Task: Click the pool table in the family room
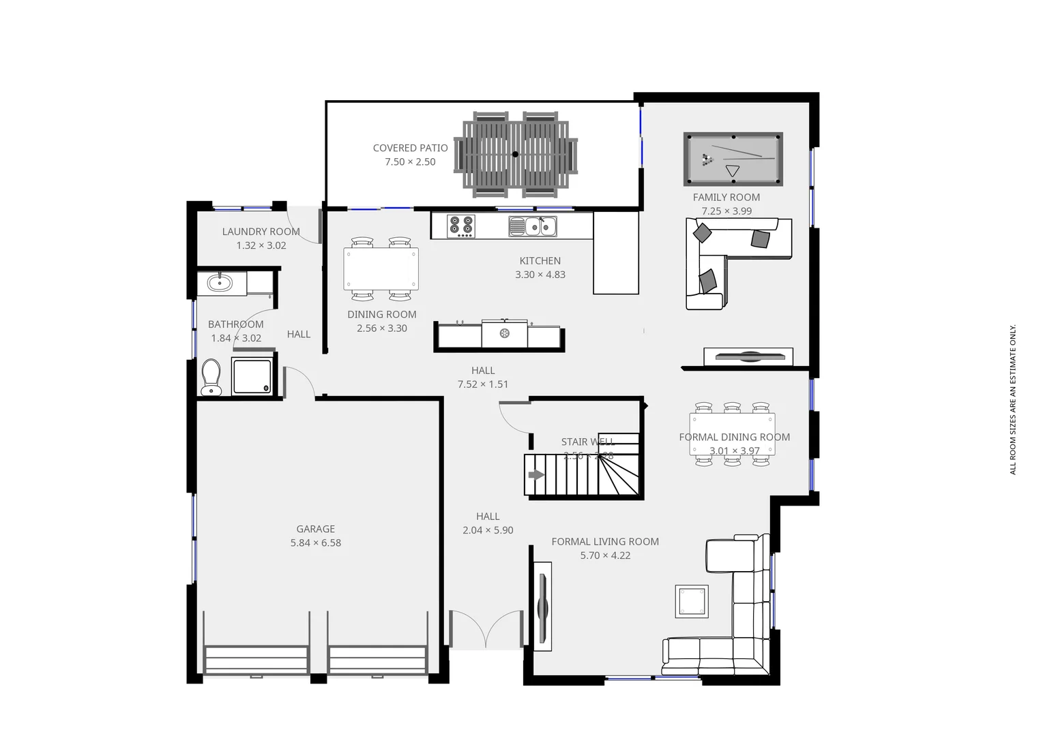coord(733,159)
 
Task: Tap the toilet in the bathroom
coord(211,377)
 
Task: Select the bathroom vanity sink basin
coord(220,282)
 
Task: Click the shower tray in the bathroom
coord(252,376)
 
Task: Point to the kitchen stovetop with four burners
coord(460,226)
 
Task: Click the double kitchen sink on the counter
coord(533,226)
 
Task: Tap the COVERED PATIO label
coord(410,148)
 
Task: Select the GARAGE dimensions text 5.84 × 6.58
coord(315,543)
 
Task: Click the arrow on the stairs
coord(536,475)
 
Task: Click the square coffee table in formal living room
coord(692,601)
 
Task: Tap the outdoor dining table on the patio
coord(515,155)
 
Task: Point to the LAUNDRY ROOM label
coord(261,232)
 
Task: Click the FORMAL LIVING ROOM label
coord(605,542)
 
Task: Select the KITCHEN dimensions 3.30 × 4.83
coord(540,275)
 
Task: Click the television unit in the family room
coord(748,356)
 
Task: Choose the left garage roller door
coord(256,660)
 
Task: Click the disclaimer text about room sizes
coord(1013,399)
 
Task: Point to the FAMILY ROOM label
coord(726,198)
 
